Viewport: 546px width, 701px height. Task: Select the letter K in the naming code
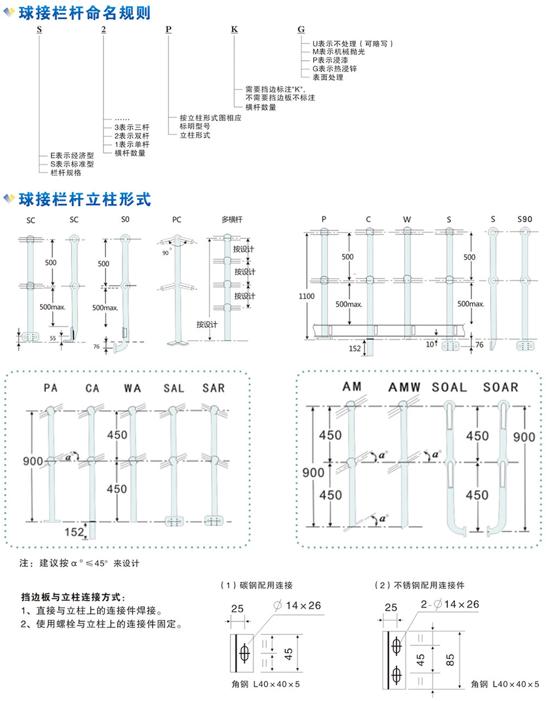tap(234, 29)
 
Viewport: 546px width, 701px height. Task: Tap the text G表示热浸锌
tap(330, 69)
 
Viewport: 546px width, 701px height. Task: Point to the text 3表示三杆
tap(131, 127)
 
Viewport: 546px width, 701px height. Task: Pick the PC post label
tap(177, 220)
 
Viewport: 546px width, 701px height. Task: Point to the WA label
tap(131, 389)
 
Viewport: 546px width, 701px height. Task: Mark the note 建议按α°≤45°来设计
tap(82, 563)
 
